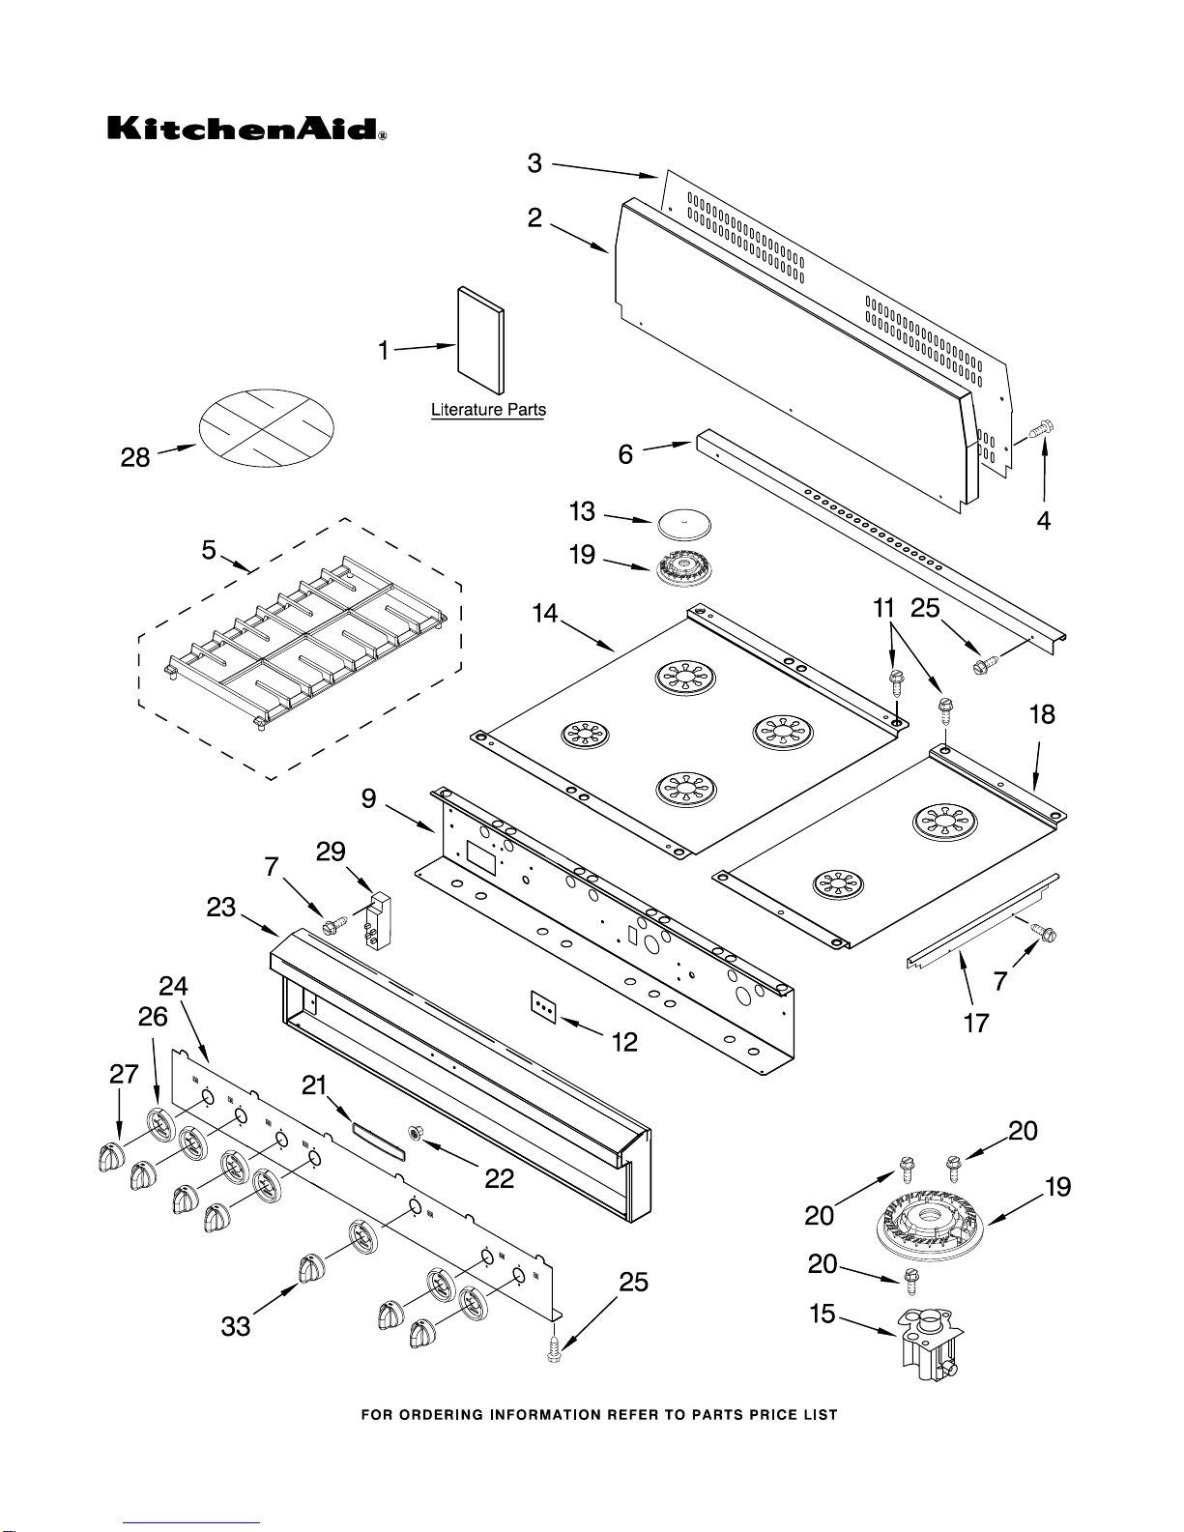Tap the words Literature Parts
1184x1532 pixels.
point(488,410)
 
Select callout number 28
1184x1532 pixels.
point(135,457)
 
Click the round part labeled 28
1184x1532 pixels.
point(267,428)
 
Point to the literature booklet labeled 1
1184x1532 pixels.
point(481,340)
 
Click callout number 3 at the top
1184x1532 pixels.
point(534,163)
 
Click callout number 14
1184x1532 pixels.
point(545,614)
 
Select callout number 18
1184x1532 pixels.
point(1042,715)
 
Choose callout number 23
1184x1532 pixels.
point(220,908)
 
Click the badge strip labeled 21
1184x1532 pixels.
point(379,1142)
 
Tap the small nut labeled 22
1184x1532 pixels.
point(416,1133)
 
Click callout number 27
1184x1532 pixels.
point(124,1075)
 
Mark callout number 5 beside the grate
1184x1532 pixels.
point(209,550)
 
